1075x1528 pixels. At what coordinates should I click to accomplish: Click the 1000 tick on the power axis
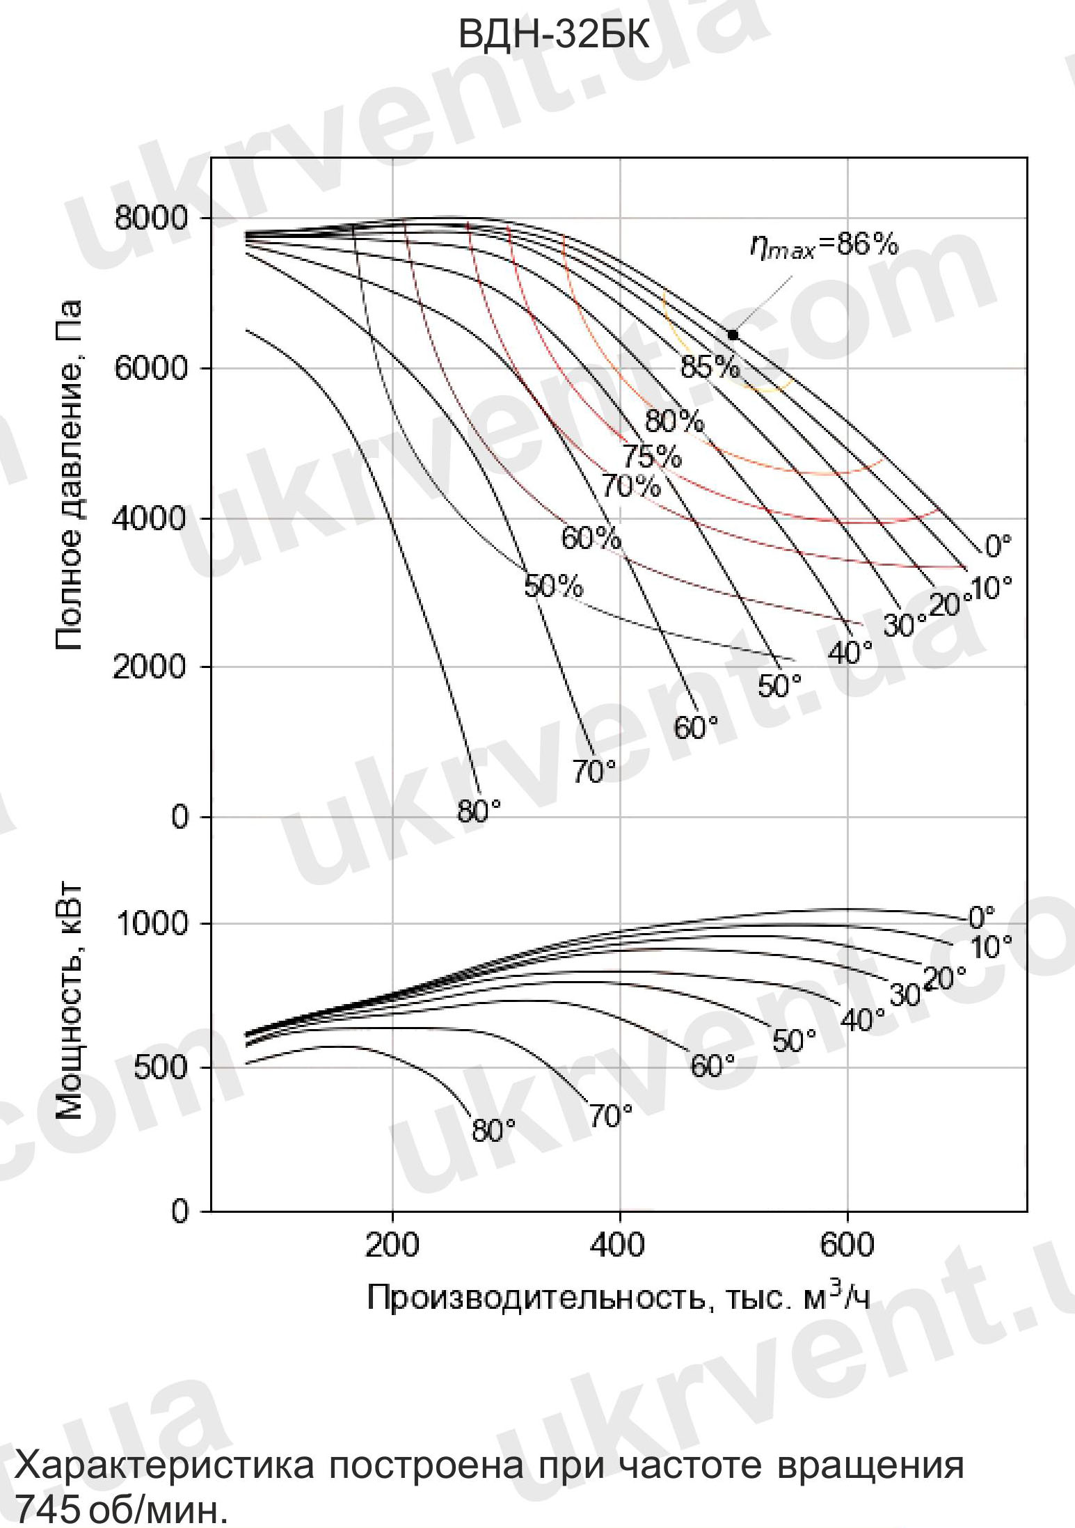coord(151,924)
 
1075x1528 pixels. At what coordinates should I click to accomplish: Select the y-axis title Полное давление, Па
coord(69,475)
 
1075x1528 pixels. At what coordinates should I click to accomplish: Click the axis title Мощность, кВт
coord(69,1003)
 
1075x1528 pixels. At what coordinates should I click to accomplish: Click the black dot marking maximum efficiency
coord(733,335)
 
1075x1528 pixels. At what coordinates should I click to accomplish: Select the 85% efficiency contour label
coord(710,367)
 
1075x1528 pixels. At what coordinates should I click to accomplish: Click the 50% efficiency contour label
coord(553,587)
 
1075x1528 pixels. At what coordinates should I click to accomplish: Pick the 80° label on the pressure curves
coord(479,811)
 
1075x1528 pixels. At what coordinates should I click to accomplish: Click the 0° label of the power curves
coord(981,918)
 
